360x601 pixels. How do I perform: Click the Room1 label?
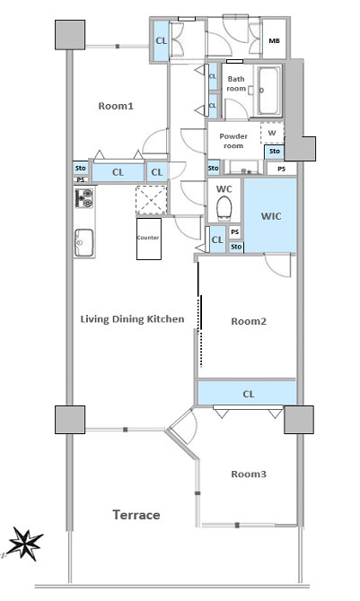pos(116,106)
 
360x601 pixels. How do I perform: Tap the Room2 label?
pos(249,321)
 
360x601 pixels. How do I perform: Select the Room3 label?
pos(249,475)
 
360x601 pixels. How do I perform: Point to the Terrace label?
pos(136,515)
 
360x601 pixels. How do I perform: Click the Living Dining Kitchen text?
pos(132,319)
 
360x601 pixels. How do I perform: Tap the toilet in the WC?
pos(224,209)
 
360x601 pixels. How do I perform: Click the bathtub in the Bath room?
pos(268,91)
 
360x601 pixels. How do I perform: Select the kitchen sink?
pos(83,242)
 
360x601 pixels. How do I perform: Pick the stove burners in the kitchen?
pos(83,198)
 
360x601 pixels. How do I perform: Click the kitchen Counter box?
pos(149,239)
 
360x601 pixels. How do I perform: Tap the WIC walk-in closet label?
pos(271,216)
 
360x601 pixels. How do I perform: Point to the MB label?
pos(274,40)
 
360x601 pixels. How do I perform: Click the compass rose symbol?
pos(25,543)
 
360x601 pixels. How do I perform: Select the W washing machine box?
pos(272,133)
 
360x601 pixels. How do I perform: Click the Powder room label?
pos(233,141)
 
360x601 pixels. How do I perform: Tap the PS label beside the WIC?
pos(235,231)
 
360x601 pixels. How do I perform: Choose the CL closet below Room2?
pos(248,393)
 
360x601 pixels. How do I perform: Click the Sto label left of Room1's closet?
pos(81,168)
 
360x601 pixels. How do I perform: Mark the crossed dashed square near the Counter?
pos(151,200)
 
